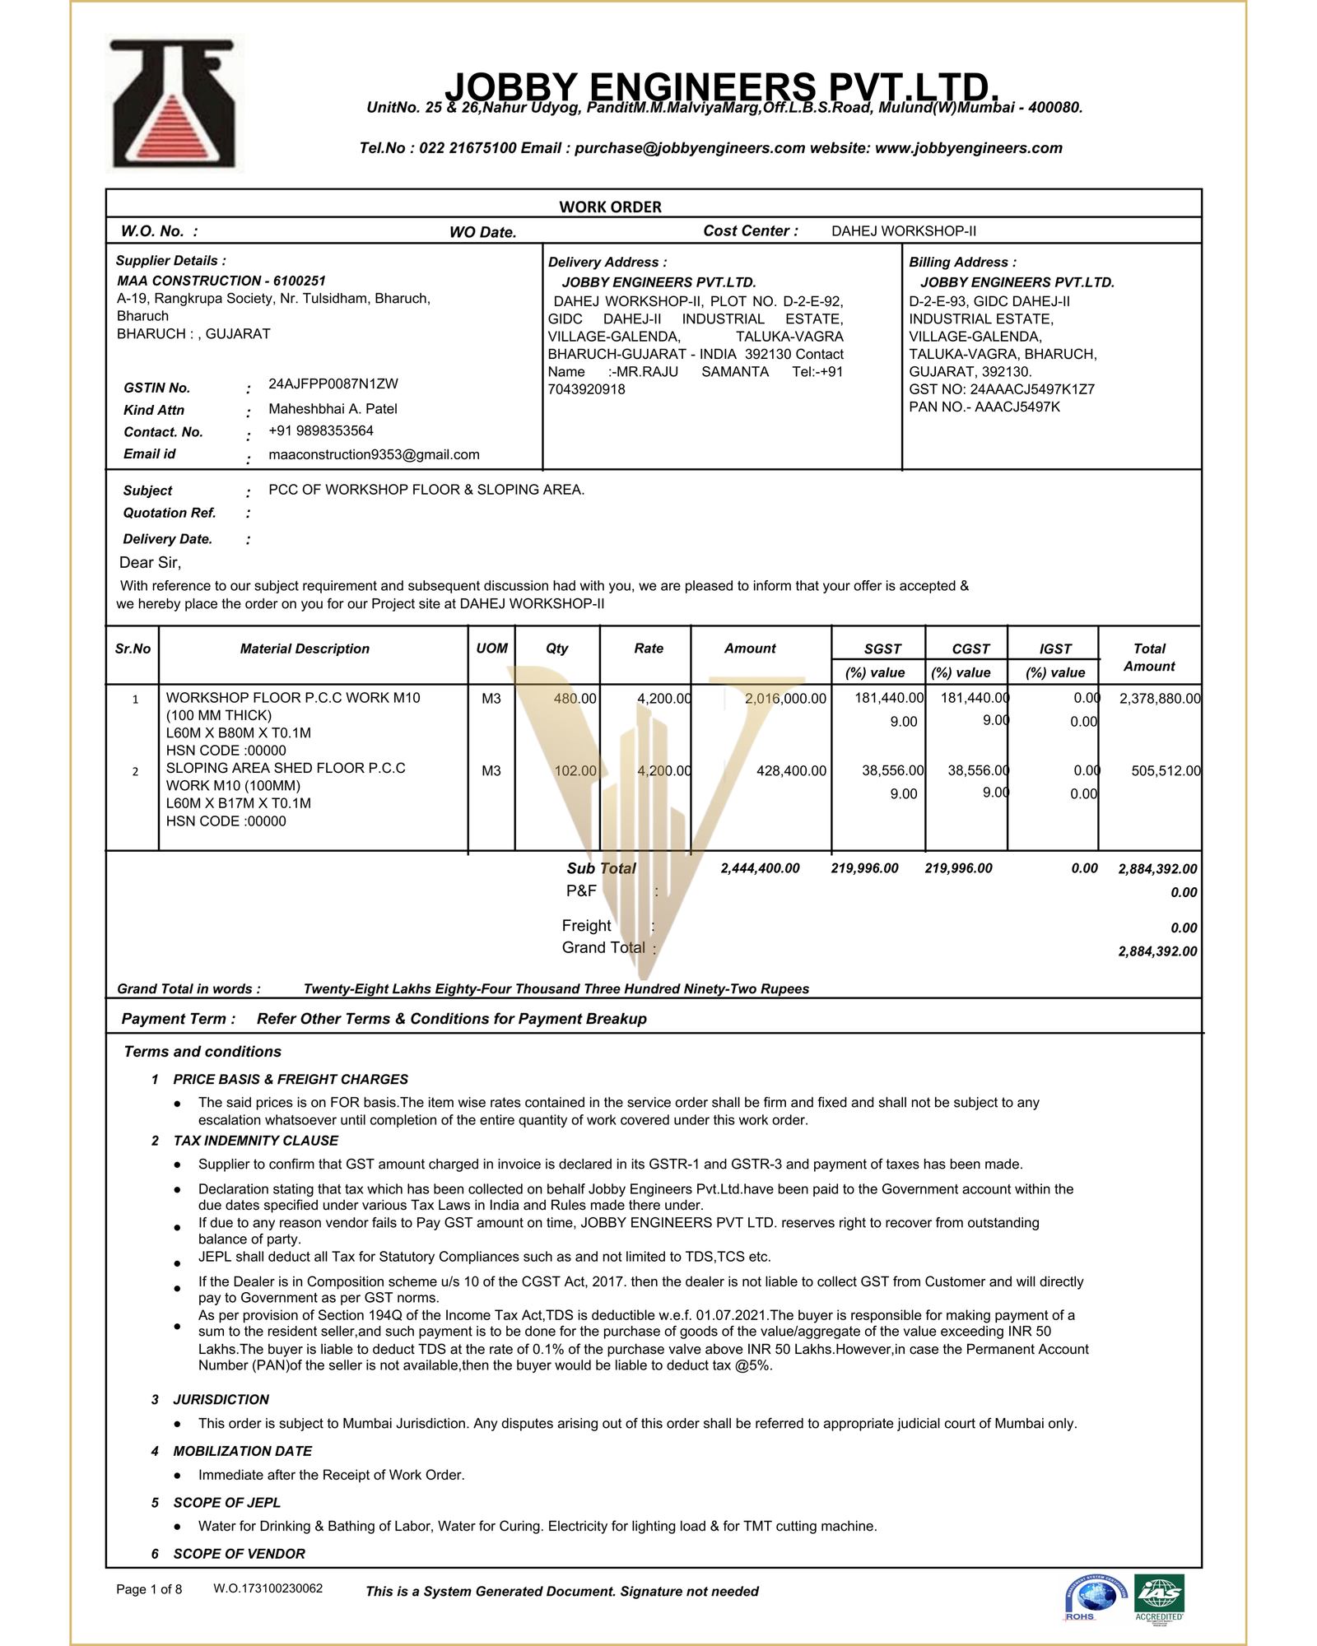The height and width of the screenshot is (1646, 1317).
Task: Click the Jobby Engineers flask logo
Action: tap(174, 105)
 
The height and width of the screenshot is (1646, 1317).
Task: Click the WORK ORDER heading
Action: tap(610, 207)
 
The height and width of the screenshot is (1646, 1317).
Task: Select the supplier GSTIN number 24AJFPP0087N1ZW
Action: tap(333, 384)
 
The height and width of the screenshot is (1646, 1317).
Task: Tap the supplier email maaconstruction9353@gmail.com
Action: tap(374, 455)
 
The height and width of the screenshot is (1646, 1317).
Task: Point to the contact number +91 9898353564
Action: tap(320, 431)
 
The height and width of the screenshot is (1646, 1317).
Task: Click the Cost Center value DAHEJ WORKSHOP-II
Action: tap(903, 231)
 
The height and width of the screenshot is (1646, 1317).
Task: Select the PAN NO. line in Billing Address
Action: tap(984, 407)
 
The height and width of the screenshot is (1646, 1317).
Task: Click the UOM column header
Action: tap(491, 649)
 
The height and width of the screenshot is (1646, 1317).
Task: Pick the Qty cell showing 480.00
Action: tap(575, 699)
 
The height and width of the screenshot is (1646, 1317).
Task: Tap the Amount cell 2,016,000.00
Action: tap(784, 699)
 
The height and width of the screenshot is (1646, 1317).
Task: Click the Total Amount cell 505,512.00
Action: tap(1165, 771)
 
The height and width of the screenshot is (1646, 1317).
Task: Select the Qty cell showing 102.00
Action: tap(575, 771)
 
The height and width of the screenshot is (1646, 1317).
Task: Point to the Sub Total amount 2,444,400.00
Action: tap(760, 869)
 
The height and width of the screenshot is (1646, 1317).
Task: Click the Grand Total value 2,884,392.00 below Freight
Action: tap(1156, 952)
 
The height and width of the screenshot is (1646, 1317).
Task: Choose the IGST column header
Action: tap(1054, 649)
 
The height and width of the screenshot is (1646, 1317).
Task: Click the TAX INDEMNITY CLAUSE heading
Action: tap(255, 1141)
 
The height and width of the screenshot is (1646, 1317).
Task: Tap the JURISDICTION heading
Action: tap(221, 1400)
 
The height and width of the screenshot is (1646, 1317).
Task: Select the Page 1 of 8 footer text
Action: tap(149, 1589)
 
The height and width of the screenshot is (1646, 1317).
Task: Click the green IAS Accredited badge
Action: tap(1159, 1597)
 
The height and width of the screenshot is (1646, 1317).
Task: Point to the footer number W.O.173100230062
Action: tap(268, 1588)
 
